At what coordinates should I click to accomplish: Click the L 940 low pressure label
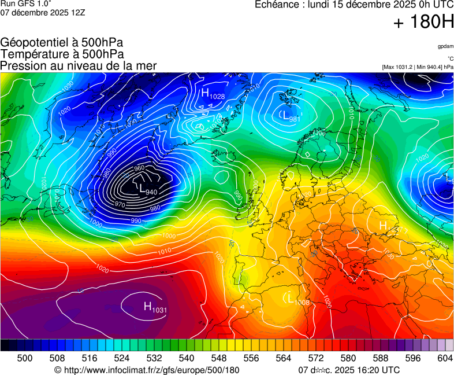point(148,189)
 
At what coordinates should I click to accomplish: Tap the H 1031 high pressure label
point(155,307)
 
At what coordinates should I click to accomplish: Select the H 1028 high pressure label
point(213,93)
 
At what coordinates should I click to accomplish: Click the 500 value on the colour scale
point(25,358)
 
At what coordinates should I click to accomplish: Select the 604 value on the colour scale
point(444,358)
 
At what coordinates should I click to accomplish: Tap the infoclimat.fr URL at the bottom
point(147,370)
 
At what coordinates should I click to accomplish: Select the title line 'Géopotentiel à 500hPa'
point(62,43)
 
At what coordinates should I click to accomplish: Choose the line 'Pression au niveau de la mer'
point(79,66)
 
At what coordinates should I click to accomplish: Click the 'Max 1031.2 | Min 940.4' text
point(417,67)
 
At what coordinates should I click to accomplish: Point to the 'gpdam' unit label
point(445,46)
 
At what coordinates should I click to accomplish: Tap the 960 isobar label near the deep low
point(139,168)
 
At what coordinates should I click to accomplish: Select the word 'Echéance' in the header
point(276,5)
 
